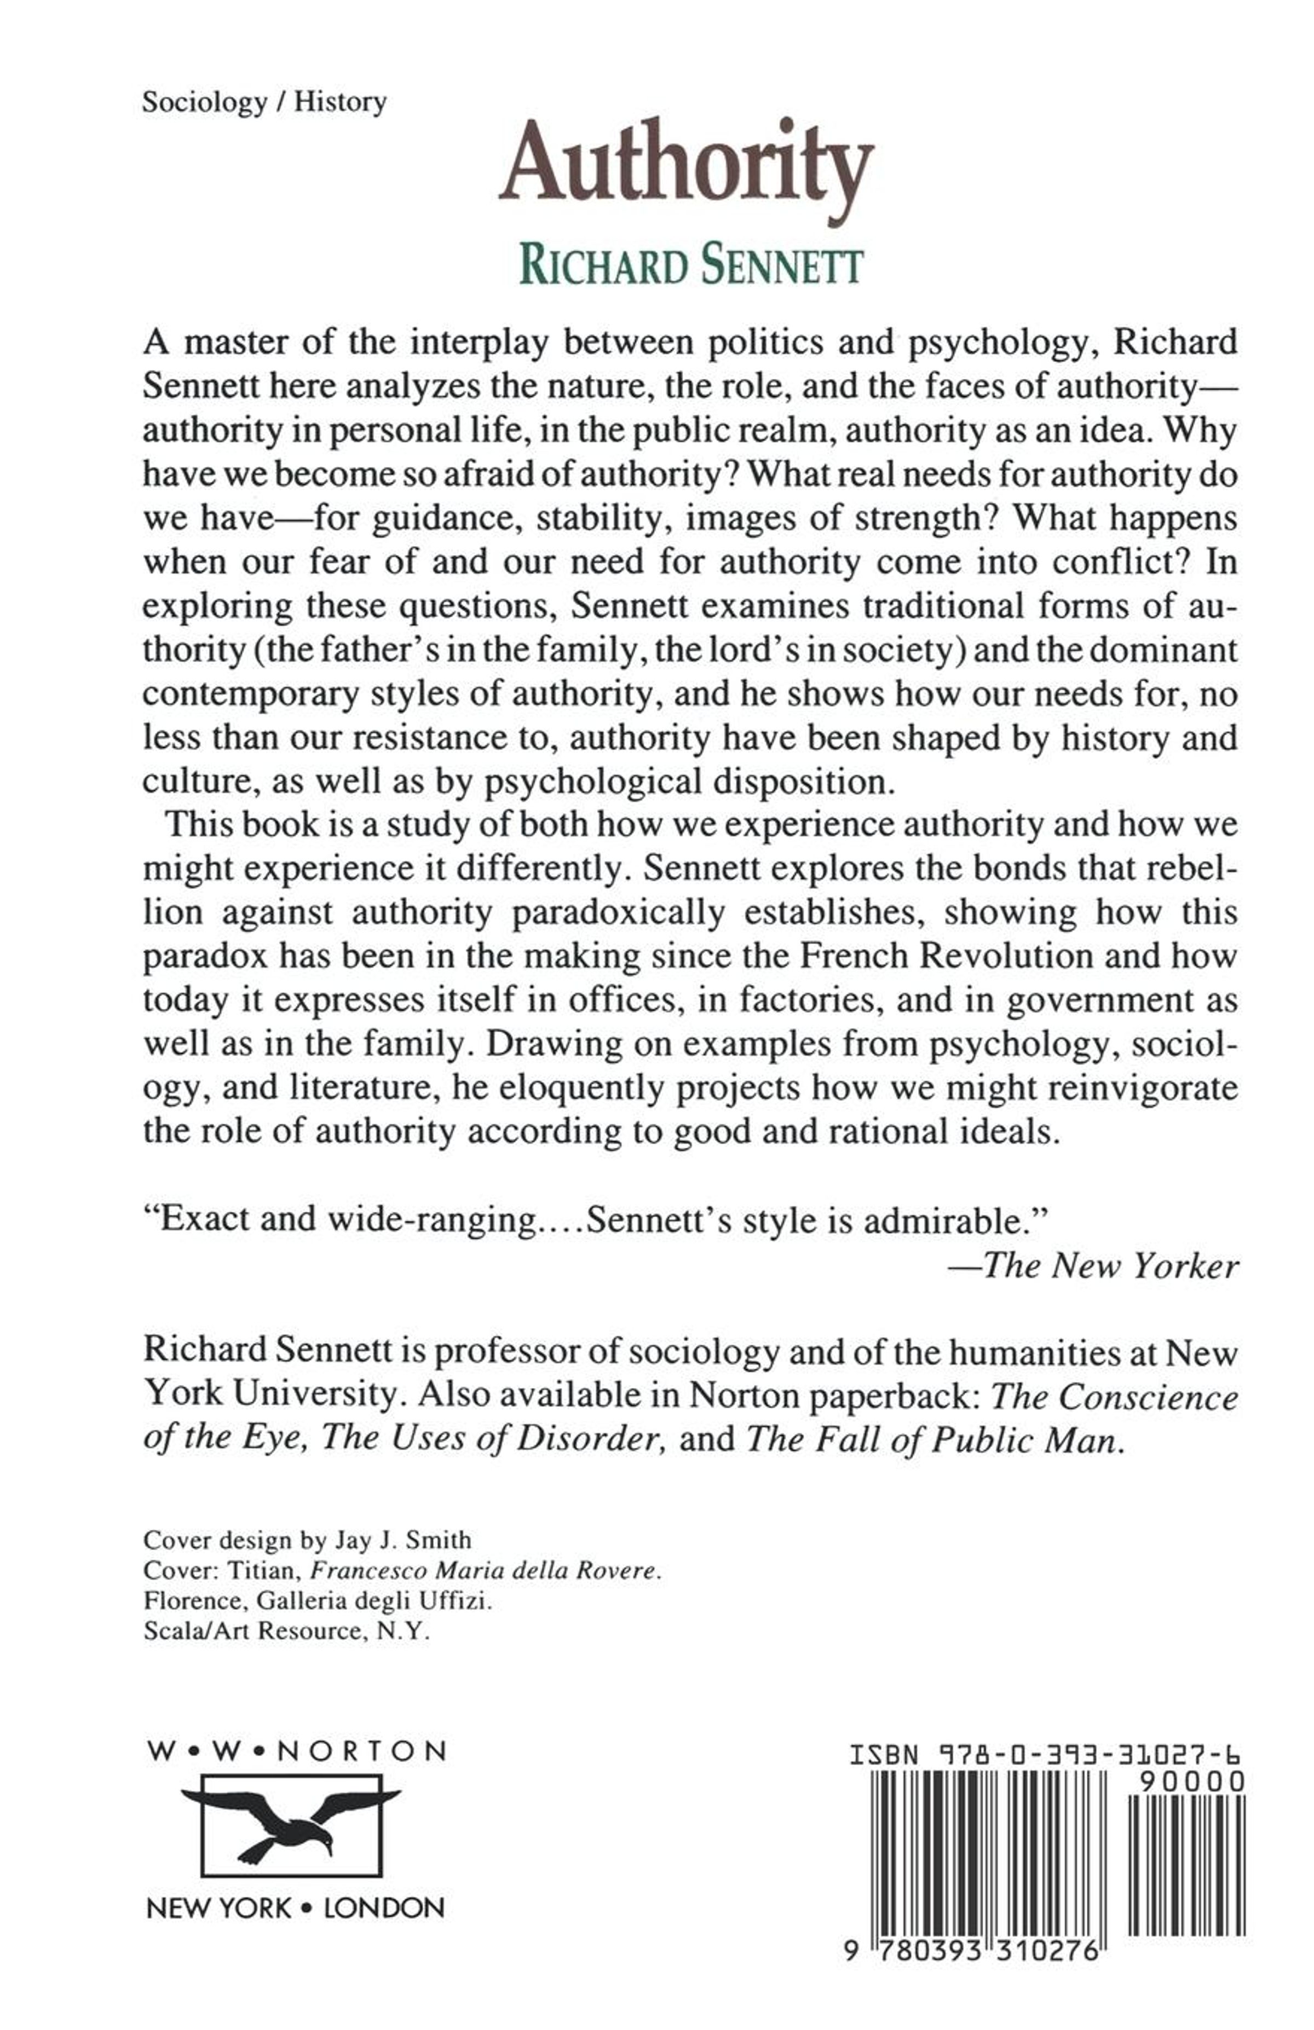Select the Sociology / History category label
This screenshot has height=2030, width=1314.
point(264,102)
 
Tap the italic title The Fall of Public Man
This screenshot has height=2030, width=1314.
point(932,1439)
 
